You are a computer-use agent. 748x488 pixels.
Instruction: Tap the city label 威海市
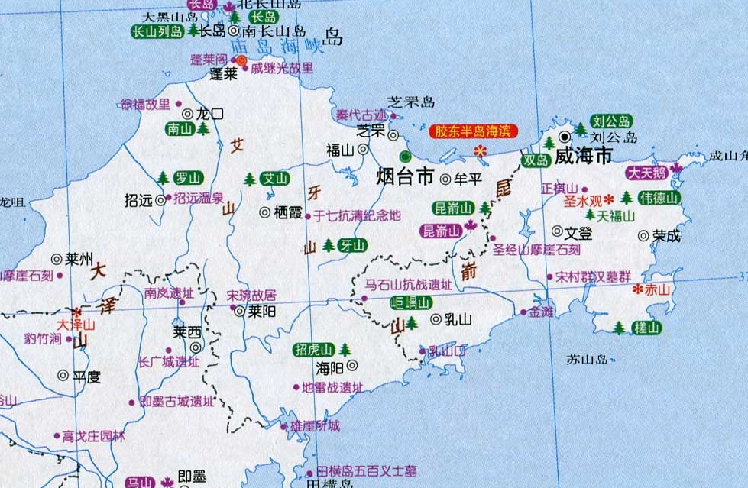(584, 157)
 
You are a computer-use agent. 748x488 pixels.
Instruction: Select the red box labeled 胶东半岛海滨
(473, 131)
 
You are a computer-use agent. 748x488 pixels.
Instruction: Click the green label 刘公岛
(612, 121)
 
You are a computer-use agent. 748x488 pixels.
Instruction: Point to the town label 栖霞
(288, 212)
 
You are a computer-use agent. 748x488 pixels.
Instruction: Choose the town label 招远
(138, 200)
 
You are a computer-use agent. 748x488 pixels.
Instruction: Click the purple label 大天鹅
(647, 173)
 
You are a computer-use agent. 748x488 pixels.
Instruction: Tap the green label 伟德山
(659, 198)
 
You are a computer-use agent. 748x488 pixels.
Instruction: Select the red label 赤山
(656, 289)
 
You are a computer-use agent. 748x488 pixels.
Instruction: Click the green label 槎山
(646, 328)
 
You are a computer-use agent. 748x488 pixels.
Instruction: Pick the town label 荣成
(666, 236)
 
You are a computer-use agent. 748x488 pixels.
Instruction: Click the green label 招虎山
(314, 350)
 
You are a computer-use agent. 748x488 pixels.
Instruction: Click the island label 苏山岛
(587, 358)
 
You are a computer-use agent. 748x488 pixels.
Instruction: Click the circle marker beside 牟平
(446, 179)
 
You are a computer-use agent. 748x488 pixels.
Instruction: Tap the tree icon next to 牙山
(329, 245)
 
